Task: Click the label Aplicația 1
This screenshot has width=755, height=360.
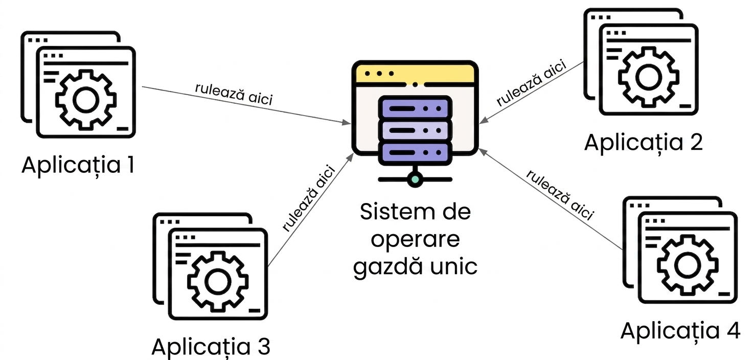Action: pyautogui.click(x=78, y=165)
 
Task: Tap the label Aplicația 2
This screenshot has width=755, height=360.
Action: pyautogui.click(x=643, y=143)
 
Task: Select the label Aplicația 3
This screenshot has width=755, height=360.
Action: pyautogui.click(x=211, y=347)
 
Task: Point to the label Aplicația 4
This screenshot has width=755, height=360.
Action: pyautogui.click(x=680, y=331)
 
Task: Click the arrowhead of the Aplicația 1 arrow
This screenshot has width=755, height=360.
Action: pyautogui.click(x=347, y=122)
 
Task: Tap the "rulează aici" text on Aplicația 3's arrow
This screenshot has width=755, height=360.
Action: pyautogui.click(x=309, y=198)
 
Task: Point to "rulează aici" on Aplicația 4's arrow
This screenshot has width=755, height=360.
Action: pyautogui.click(x=560, y=195)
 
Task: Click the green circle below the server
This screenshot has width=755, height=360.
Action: pyautogui.click(x=415, y=179)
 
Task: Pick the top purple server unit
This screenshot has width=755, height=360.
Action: pyautogui.click(x=415, y=108)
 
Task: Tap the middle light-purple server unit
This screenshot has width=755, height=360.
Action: pyautogui.click(x=415, y=130)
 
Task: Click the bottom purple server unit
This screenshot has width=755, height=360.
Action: pyautogui.click(x=415, y=153)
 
